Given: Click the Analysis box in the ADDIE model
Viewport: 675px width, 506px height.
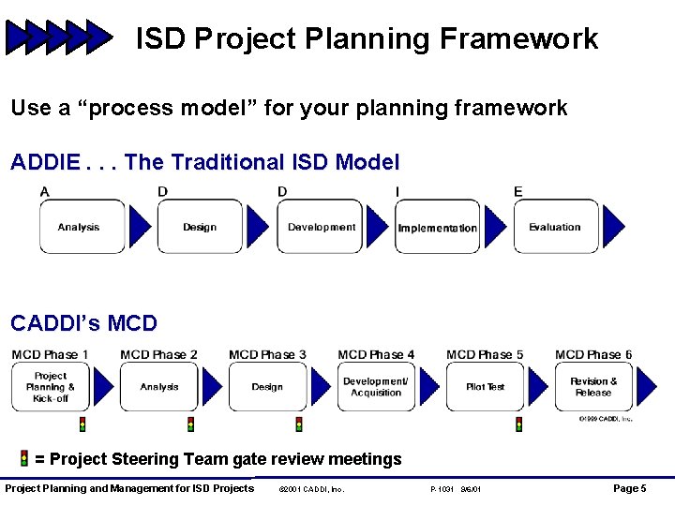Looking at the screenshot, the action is (82, 227).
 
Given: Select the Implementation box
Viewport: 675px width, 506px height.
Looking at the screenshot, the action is (437, 227).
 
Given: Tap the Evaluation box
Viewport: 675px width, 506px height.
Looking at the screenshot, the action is (555, 227).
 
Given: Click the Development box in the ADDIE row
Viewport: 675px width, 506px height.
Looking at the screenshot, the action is (320, 227).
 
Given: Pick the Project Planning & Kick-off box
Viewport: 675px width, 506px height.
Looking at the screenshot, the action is (51, 387).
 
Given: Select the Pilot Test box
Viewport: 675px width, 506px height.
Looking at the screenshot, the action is (485, 387).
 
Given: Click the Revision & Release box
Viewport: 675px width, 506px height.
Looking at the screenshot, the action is (593, 387).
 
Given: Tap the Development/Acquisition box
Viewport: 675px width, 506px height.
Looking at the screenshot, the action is (376, 387).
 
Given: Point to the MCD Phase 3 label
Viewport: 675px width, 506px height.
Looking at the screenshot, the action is (267, 354).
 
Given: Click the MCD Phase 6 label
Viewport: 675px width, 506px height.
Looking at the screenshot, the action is (593, 354).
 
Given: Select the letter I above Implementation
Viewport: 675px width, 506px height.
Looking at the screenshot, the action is (397, 192).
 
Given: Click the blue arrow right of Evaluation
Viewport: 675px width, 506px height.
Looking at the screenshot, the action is (613, 227).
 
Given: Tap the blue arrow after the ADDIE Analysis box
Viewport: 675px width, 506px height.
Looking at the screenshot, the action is (140, 227).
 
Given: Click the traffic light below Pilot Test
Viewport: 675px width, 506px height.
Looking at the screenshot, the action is (518, 424).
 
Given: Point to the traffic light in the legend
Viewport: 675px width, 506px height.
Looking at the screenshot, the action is (23, 458).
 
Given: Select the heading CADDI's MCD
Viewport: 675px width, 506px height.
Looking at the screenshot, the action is (83, 323).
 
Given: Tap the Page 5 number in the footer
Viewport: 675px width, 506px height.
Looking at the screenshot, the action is (629, 488).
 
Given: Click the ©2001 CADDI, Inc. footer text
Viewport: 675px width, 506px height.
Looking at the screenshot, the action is (312, 489).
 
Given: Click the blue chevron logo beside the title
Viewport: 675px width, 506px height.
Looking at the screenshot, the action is (58, 38).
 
